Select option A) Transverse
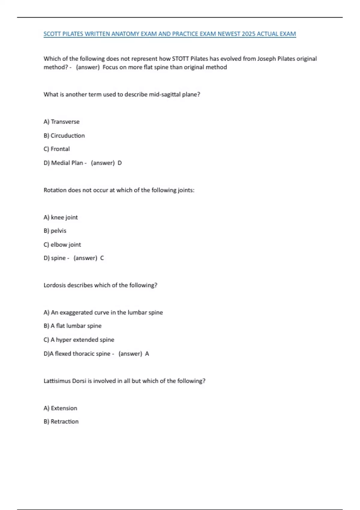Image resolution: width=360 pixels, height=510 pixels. tap(61, 122)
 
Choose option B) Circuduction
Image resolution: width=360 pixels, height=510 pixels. tap(64, 136)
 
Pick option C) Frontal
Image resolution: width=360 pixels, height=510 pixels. tap(57, 149)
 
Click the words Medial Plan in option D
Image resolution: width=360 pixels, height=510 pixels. tap(67, 163)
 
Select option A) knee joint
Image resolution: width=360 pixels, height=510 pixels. tap(61, 217)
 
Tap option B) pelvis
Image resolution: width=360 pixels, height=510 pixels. tap(55, 231)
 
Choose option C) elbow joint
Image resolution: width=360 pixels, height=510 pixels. tap(62, 245)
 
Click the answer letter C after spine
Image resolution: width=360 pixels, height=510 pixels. tap(102, 258)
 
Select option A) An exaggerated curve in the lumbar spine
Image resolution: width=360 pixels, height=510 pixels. tap(103, 313)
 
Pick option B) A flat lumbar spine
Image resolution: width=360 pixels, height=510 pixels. tap(73, 326)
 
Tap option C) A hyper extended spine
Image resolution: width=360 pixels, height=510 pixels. tap(79, 340)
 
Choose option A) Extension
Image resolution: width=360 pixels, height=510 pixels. tap(60, 408)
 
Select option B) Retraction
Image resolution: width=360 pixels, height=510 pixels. tap(61, 422)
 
